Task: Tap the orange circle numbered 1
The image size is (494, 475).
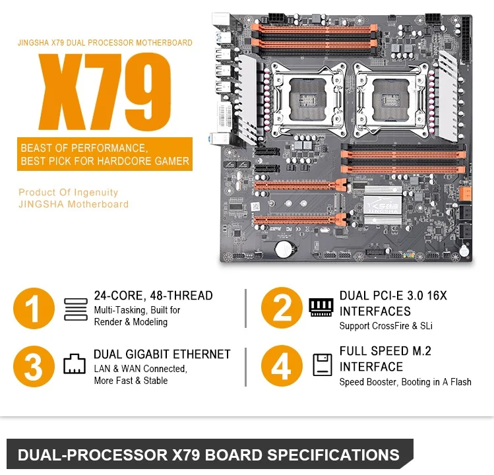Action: tap(35, 308)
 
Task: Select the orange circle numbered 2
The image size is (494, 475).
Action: tap(282, 308)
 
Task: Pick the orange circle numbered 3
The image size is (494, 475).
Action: tap(35, 366)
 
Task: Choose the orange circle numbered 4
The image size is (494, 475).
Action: tap(282, 366)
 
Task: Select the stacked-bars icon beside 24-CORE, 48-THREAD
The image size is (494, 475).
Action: tap(75, 309)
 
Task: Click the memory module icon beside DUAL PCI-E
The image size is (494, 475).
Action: tap(321, 307)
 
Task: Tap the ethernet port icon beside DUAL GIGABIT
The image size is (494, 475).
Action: tap(75, 365)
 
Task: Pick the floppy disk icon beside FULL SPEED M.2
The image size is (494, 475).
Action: tap(322, 365)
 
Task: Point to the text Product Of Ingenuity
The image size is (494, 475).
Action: tap(69, 193)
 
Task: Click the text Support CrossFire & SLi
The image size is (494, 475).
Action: tap(386, 325)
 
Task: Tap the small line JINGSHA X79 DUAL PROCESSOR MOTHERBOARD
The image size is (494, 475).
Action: tap(105, 43)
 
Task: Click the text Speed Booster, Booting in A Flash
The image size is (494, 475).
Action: tap(405, 382)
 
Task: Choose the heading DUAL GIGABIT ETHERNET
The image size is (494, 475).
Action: tap(162, 354)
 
